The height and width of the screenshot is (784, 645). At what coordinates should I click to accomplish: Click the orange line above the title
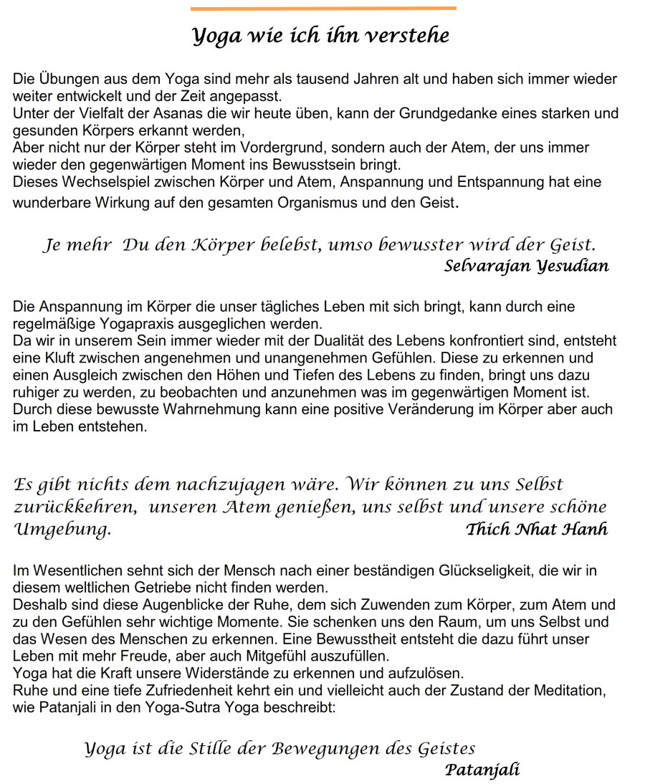[323, 9]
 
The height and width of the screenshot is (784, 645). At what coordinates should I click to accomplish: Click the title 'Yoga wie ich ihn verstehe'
[320, 35]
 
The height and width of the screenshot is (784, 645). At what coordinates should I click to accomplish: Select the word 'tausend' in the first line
[322, 80]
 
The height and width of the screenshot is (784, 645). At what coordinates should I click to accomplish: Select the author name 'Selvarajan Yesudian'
[527, 267]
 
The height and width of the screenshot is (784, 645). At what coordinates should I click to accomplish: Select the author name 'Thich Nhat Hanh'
[536, 530]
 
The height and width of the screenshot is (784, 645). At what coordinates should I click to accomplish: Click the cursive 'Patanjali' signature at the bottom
[482, 771]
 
